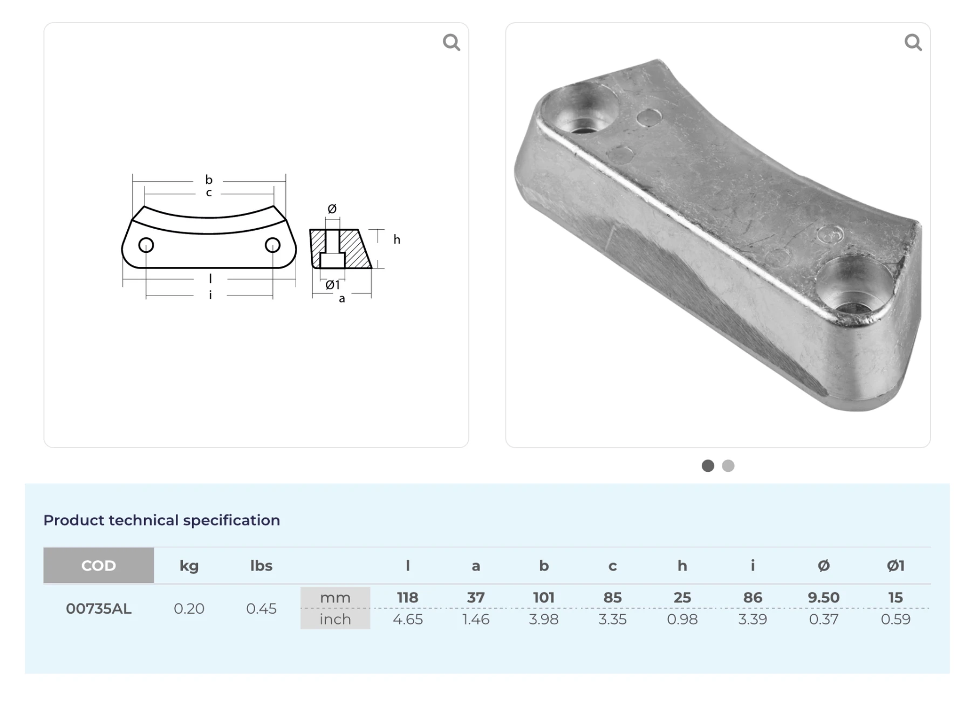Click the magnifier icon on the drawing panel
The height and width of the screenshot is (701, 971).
point(452,42)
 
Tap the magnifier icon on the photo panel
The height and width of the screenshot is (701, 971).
point(913,42)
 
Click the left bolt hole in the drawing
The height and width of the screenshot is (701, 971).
point(146,245)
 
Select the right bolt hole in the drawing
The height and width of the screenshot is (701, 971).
point(272,245)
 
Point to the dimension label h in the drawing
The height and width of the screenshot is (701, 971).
point(397,239)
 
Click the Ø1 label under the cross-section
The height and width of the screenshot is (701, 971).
point(332,285)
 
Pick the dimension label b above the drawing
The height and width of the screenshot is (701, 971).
point(209,180)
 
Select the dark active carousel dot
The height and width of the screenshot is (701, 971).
point(708,466)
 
